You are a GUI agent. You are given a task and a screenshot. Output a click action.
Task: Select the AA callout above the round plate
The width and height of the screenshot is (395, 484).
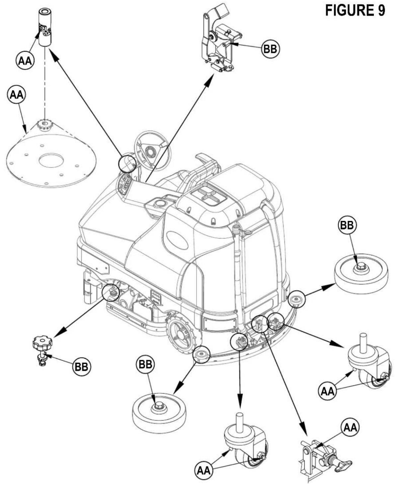coord(17,95)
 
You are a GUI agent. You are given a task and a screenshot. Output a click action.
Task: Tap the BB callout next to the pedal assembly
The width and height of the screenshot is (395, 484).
coord(271,49)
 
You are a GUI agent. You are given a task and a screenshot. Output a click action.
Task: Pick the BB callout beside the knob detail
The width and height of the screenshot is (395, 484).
coord(82,367)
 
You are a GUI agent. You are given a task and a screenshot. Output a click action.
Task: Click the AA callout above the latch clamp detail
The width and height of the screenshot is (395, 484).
coord(351,427)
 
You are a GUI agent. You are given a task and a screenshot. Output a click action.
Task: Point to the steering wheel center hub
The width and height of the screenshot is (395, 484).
coord(150,152)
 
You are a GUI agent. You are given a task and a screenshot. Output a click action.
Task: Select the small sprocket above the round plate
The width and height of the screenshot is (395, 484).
coord(44,125)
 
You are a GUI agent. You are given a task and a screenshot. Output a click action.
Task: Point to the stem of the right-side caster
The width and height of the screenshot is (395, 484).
coord(362,341)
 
